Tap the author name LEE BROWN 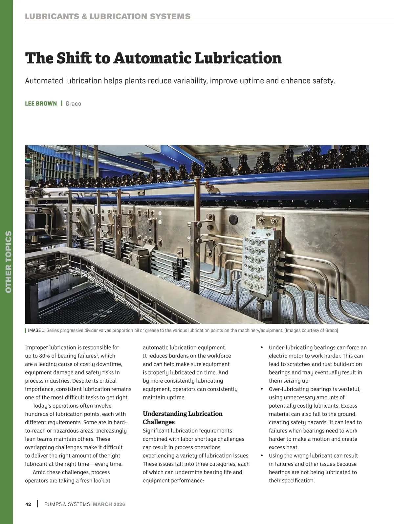click(x=41, y=104)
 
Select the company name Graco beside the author click(x=73, y=104)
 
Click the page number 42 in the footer click(x=28, y=504)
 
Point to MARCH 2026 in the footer click(x=109, y=504)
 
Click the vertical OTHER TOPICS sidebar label click(x=9, y=262)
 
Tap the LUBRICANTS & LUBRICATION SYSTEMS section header click(x=108, y=16)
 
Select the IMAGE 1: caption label click(x=37, y=330)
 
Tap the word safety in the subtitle click(x=323, y=81)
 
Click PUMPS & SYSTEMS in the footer click(x=67, y=504)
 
